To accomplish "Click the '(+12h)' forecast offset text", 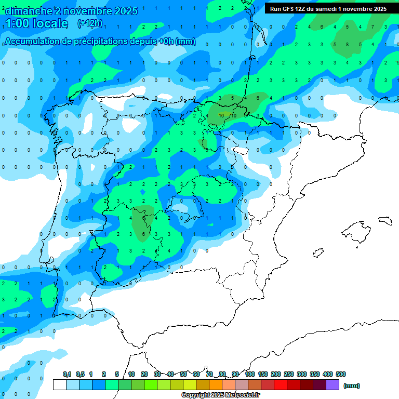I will (90, 23).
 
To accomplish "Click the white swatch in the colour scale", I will (60, 385).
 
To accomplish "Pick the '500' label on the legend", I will (341, 374).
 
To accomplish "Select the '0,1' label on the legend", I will (67, 374).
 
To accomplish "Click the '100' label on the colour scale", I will (250, 374).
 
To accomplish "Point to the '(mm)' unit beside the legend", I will (352, 385).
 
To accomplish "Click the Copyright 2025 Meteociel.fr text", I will (220, 395).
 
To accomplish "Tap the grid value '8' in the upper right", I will (348, 45).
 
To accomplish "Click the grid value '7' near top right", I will (373, 26).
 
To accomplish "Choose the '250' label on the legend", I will (288, 374).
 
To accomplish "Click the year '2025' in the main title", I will (126, 11).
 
